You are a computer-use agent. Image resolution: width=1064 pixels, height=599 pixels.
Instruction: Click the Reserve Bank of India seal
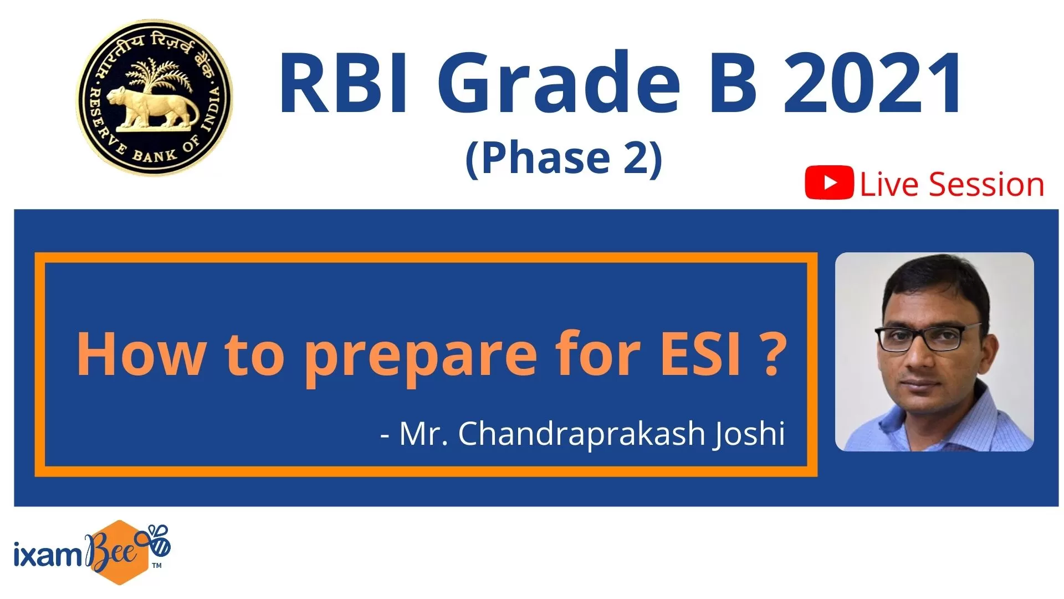pyautogui.click(x=154, y=98)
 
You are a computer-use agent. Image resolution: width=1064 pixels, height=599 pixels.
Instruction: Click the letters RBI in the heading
pyautogui.click(x=344, y=83)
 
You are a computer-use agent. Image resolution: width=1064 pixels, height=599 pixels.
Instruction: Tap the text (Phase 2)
pyautogui.click(x=564, y=158)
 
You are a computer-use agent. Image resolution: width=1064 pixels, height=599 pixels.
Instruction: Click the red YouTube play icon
pyautogui.click(x=829, y=182)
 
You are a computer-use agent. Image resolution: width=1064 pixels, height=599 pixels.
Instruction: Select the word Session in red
pyautogui.click(x=986, y=184)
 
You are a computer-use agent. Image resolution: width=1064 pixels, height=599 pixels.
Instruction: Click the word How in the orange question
pyautogui.click(x=141, y=353)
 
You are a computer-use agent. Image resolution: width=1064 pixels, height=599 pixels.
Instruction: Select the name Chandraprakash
pyautogui.click(x=581, y=434)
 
